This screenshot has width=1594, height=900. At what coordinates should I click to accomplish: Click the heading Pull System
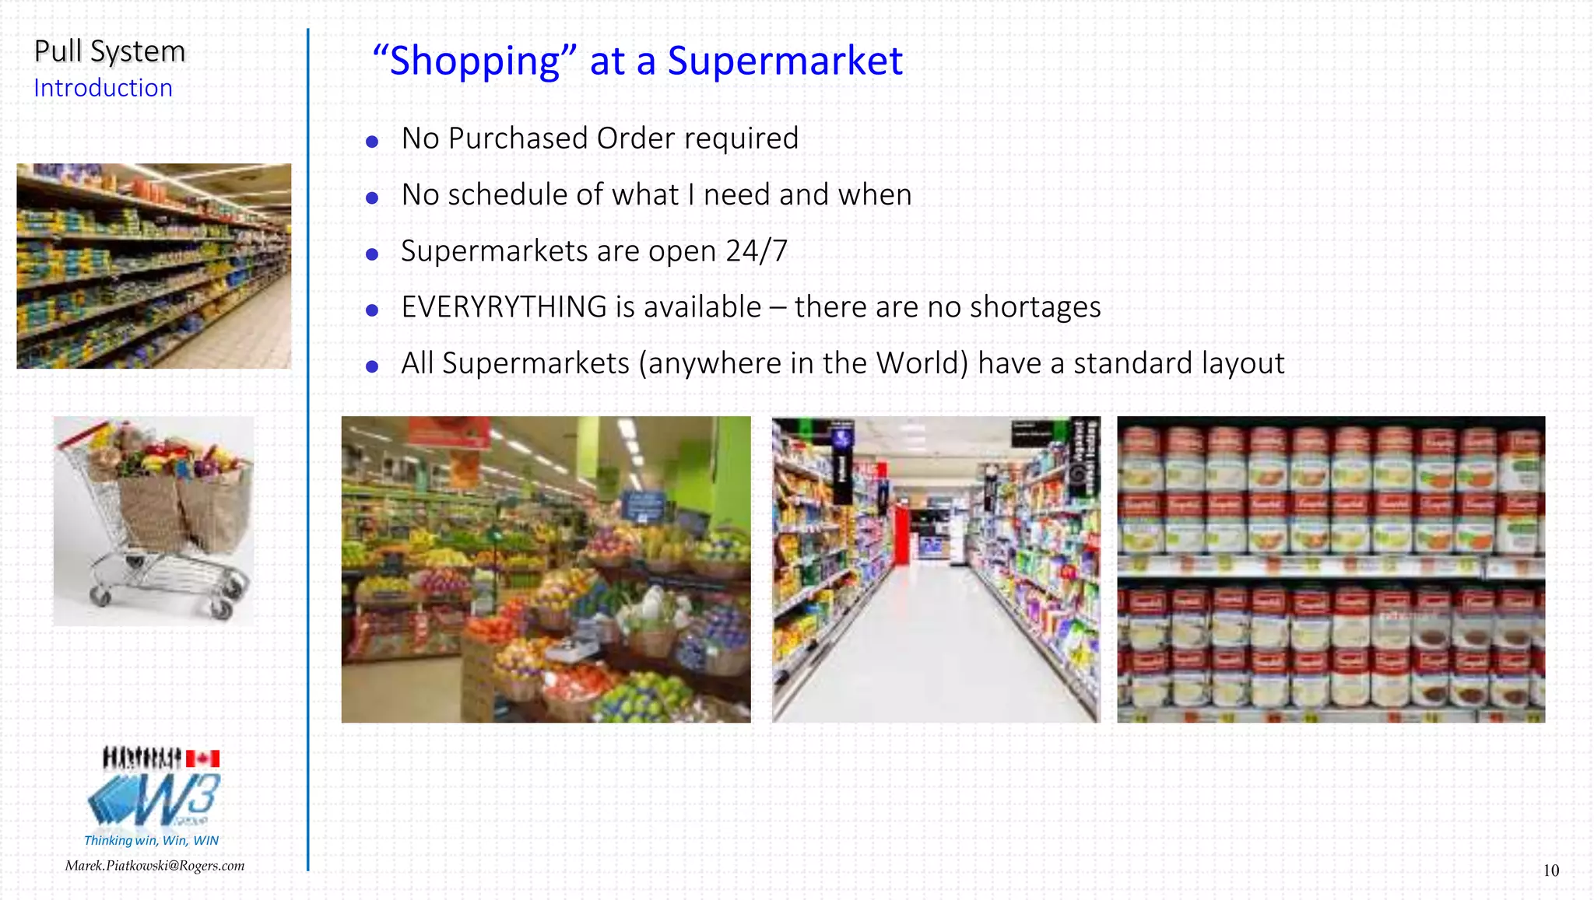point(110,52)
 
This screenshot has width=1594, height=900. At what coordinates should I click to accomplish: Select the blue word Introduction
point(103,88)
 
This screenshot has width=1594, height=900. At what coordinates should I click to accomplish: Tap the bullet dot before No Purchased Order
point(372,142)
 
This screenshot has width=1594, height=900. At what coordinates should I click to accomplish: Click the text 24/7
point(757,251)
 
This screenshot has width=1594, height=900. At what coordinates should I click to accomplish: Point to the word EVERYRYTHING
point(504,307)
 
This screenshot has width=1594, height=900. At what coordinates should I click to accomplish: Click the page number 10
point(1550,870)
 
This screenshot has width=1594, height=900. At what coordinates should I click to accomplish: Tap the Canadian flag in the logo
point(203,758)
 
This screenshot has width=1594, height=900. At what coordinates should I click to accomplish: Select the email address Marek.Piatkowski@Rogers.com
point(155,866)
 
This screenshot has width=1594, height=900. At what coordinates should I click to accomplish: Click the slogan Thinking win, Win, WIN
point(151,840)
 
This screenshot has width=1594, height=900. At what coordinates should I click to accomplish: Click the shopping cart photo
point(153,520)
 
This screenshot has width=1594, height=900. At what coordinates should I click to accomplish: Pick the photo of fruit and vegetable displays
point(546,569)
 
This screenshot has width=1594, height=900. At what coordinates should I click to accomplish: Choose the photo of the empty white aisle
point(936,569)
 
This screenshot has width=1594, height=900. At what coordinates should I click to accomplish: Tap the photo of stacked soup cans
point(1330,569)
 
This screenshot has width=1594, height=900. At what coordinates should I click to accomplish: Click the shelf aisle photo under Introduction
point(154,265)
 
